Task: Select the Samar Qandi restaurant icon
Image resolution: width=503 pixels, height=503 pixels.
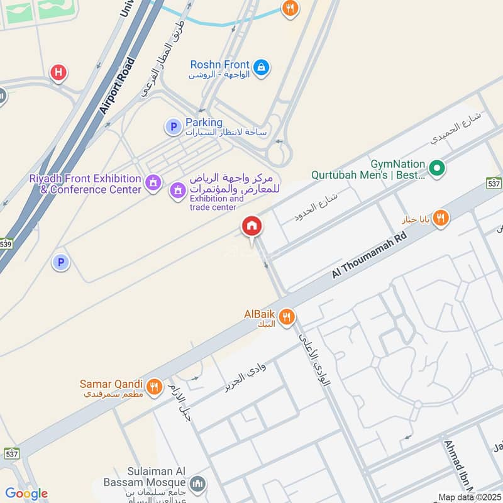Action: [x=153, y=385]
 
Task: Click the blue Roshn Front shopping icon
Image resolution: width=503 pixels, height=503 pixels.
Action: [x=262, y=65]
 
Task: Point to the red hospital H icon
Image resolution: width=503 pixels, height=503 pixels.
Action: [x=58, y=72]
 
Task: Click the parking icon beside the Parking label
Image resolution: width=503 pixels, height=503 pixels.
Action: [x=173, y=126]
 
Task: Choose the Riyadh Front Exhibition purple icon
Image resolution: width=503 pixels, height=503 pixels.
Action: [x=152, y=183]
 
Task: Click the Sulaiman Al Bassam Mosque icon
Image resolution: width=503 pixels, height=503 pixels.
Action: [x=197, y=483]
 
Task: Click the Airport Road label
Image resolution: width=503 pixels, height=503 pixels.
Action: [x=118, y=86]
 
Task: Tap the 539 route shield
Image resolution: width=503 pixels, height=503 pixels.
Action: [x=6, y=243]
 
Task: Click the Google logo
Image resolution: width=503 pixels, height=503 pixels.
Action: [x=26, y=494]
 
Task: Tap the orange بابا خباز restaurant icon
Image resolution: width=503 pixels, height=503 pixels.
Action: [x=441, y=218]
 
